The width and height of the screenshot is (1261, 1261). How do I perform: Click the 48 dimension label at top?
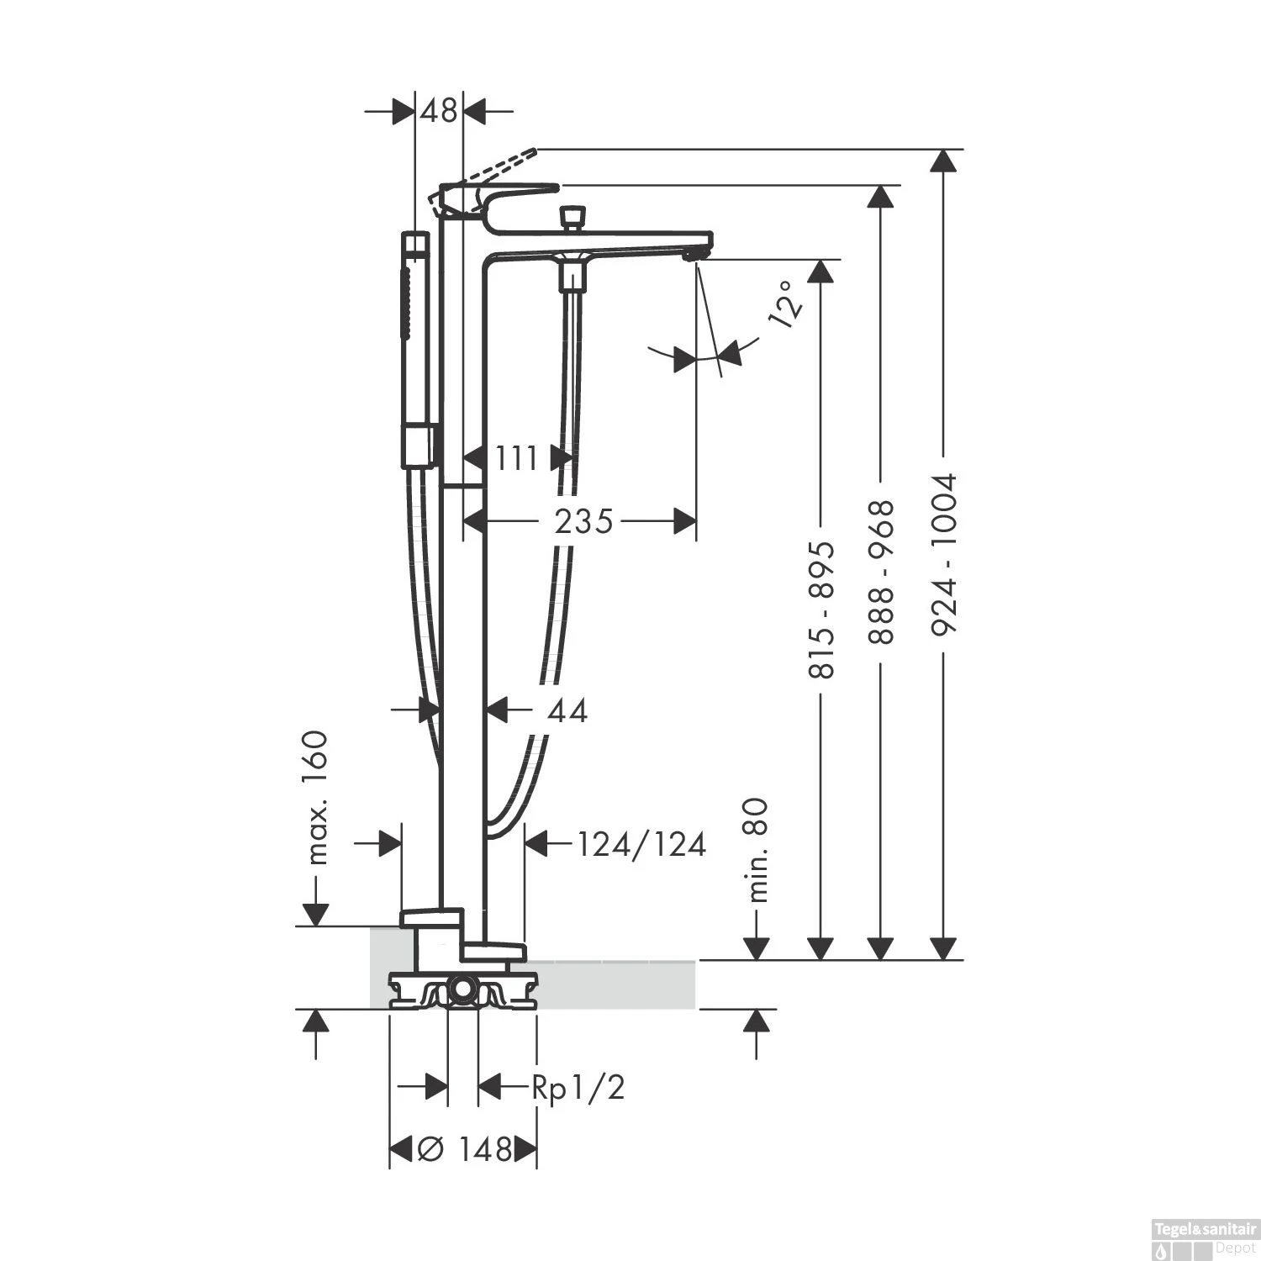point(440,110)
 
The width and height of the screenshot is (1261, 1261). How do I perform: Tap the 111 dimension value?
point(515,459)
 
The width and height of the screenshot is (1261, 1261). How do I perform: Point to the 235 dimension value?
point(583,522)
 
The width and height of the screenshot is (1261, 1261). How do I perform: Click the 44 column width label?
point(567,711)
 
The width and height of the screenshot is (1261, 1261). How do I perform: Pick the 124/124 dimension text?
point(641,844)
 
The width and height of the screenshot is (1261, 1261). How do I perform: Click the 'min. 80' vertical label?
point(758,850)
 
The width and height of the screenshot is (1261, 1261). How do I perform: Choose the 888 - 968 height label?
point(880,572)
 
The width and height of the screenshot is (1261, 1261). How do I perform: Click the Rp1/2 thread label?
point(578,1088)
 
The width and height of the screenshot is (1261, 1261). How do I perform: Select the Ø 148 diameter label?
point(464,1148)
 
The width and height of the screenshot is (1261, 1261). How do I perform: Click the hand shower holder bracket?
point(419,446)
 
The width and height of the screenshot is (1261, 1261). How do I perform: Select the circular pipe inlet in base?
point(461,990)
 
